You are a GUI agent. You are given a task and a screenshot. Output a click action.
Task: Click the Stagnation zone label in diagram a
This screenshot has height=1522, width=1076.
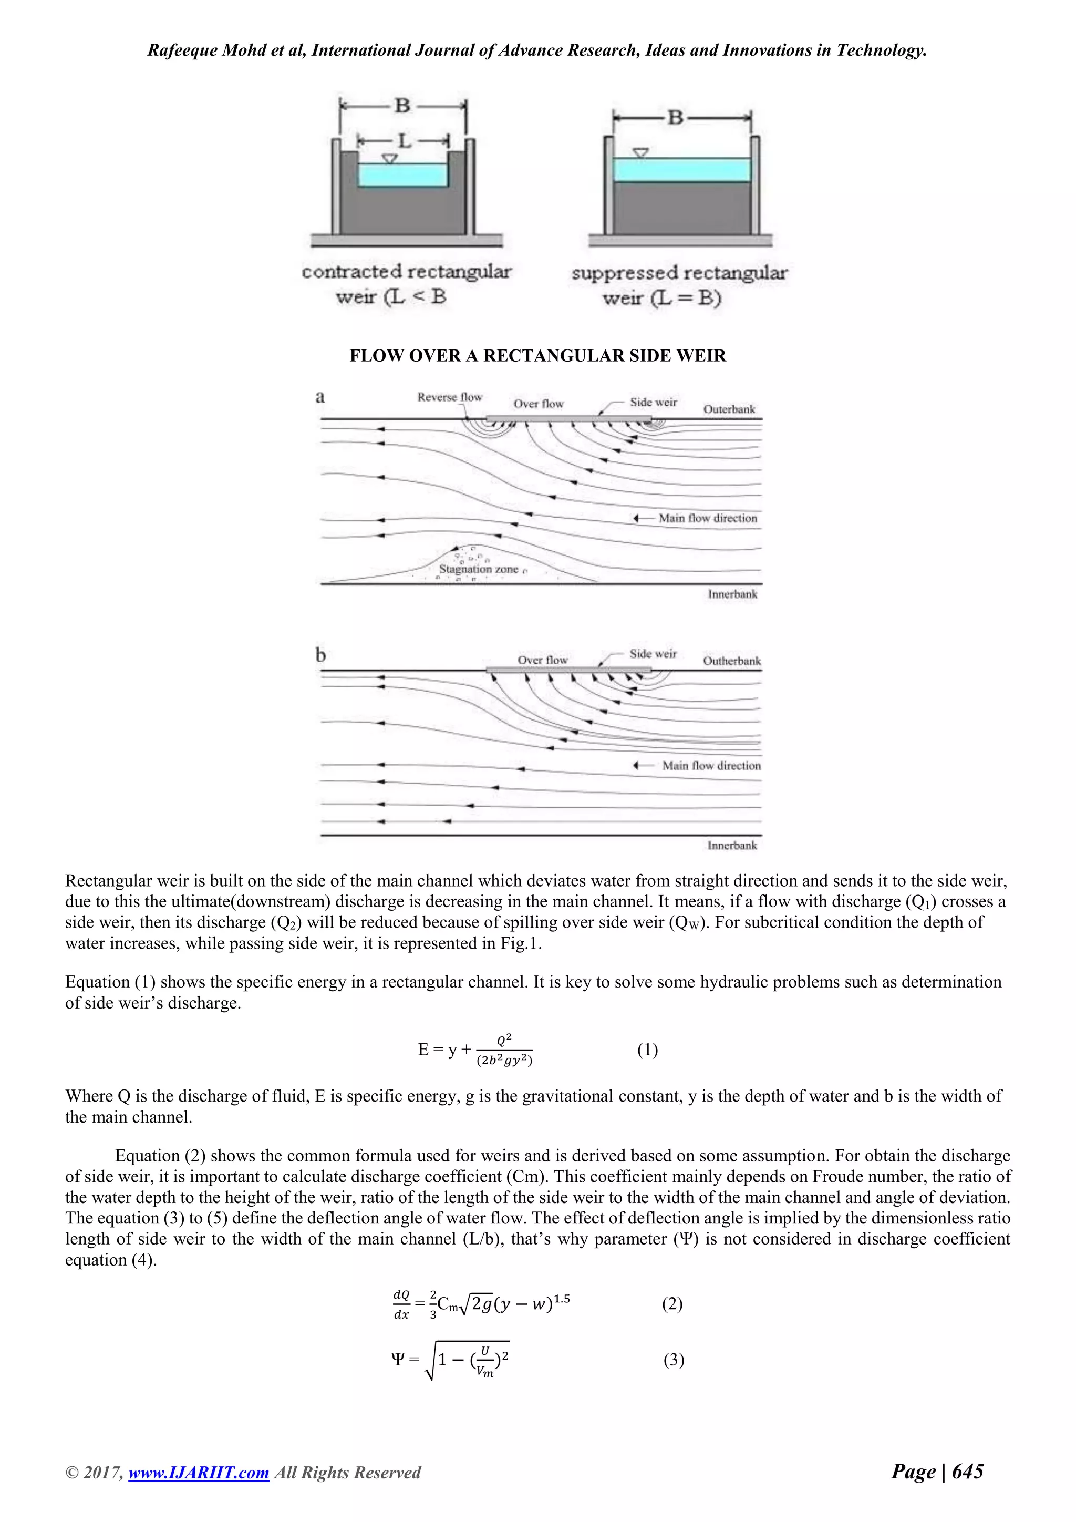[479, 569]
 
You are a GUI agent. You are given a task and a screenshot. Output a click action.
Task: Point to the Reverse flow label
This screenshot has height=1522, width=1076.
[450, 397]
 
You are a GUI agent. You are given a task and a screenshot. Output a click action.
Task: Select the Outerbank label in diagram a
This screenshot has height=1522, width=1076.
[729, 409]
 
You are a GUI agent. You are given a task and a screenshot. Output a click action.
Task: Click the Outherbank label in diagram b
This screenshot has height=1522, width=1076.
[731, 661]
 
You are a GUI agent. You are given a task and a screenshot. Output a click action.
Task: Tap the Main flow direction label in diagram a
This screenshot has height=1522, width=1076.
[708, 518]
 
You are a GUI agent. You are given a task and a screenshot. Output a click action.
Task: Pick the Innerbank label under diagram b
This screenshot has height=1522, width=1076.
[731, 845]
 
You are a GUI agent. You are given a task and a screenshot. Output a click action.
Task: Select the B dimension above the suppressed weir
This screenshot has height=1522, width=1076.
[675, 118]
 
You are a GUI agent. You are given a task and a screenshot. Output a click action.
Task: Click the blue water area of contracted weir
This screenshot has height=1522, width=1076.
[403, 175]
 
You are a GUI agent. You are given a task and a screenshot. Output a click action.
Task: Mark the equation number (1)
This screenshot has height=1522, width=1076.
[647, 1050]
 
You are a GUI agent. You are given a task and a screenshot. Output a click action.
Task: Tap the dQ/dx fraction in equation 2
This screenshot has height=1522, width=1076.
[401, 1304]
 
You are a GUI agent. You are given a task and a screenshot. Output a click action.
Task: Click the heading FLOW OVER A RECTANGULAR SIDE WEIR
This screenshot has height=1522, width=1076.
[537, 356]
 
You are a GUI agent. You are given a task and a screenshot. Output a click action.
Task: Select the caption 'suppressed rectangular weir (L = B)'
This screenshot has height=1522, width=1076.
[679, 285]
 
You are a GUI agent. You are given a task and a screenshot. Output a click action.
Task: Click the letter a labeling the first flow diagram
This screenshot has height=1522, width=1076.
[320, 397]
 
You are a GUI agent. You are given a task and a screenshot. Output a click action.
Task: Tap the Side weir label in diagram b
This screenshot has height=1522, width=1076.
[653, 654]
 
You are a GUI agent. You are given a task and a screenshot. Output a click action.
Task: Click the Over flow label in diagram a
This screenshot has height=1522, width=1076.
[538, 404]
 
